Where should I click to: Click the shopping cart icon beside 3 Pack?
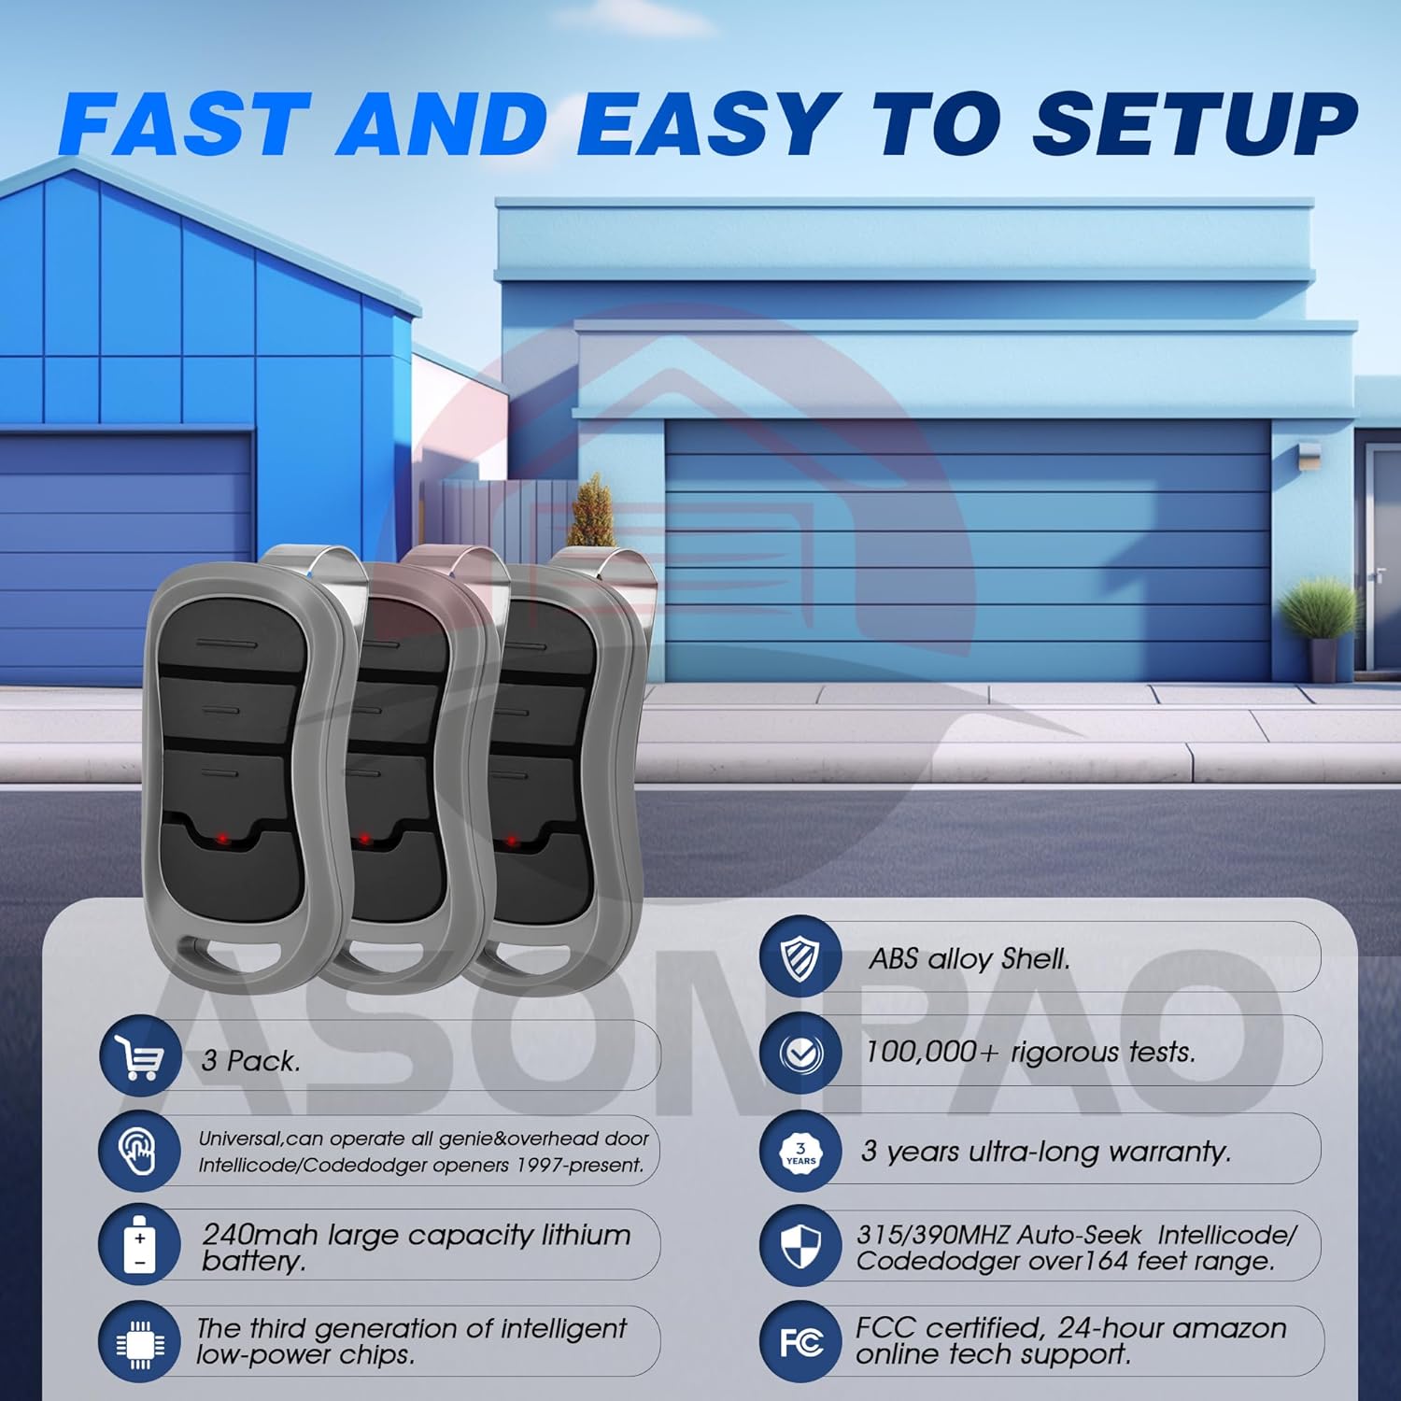point(140,1057)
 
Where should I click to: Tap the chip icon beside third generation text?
point(139,1342)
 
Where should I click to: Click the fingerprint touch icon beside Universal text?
point(139,1151)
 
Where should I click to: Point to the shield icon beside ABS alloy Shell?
point(800,957)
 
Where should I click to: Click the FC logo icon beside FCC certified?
point(800,1343)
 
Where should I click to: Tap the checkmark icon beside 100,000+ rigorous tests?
point(800,1054)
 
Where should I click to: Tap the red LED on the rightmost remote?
point(512,842)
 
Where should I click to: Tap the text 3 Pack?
point(250,1061)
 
